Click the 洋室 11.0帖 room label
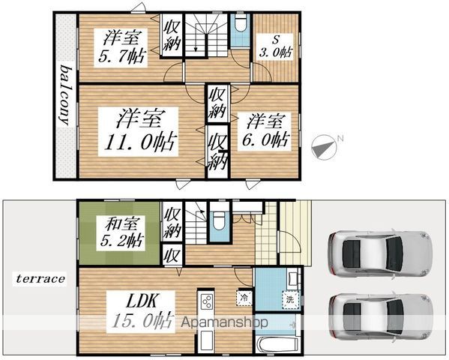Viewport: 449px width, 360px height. click(x=139, y=131)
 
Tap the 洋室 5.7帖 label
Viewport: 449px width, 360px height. click(x=121, y=47)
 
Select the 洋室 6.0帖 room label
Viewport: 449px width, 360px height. click(x=265, y=131)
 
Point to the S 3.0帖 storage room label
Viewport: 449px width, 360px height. click(x=275, y=46)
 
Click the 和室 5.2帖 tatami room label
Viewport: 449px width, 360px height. click(x=121, y=232)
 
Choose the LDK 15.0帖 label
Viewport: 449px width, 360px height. click(x=141, y=311)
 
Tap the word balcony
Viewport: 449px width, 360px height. click(x=65, y=96)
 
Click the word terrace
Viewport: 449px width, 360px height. click(x=40, y=278)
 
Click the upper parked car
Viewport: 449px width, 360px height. click(x=380, y=253)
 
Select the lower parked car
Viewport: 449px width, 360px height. click(x=381, y=316)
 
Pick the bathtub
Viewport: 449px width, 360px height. click(x=277, y=346)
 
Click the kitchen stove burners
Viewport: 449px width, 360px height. click(x=206, y=301)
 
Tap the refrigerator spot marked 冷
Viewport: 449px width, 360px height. click(x=244, y=298)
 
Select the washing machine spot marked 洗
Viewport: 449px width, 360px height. click(x=290, y=300)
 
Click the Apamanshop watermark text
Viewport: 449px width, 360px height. click(x=225, y=322)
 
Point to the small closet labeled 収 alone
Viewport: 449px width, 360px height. click(x=172, y=255)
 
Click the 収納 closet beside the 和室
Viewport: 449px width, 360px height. click(x=172, y=223)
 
